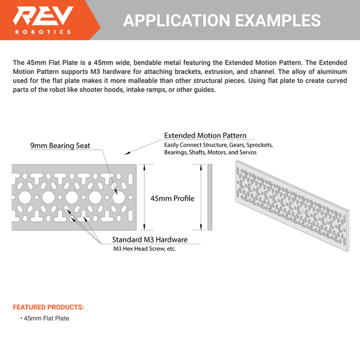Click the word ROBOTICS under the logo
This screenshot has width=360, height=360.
click(x=43, y=32)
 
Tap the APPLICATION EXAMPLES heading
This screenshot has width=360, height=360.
click(x=222, y=20)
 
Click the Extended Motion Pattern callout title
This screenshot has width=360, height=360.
click(x=205, y=136)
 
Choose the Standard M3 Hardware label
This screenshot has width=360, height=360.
click(x=150, y=240)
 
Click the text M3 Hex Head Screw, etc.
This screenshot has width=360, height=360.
click(x=144, y=249)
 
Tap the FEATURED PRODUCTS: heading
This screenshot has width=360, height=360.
click(x=49, y=307)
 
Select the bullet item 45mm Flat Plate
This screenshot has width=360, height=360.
click(x=46, y=319)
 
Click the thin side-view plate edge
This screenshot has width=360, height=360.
click(x=210, y=198)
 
